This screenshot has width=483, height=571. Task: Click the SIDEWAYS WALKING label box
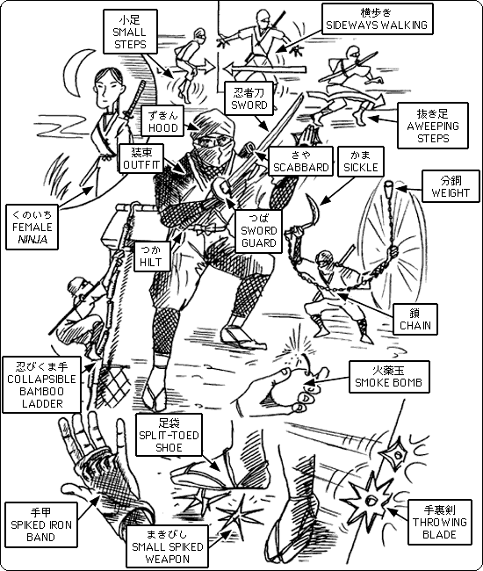point(378,19)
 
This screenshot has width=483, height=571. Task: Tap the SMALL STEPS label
point(130,32)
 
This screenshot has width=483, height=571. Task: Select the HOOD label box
point(162,121)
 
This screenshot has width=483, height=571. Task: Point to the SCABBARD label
point(301,162)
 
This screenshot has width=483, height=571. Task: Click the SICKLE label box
point(361,162)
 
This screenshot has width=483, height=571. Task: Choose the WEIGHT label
point(451,186)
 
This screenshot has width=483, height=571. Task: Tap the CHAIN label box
point(415,319)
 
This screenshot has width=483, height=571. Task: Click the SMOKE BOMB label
point(389,377)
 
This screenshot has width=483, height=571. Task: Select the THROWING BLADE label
point(440,522)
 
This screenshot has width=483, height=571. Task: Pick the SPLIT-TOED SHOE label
point(169,435)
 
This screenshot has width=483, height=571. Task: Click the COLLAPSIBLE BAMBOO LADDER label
point(41,385)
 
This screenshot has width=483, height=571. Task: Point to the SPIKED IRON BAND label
point(41,524)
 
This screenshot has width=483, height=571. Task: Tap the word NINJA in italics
point(32,239)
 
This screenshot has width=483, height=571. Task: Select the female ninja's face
point(105,90)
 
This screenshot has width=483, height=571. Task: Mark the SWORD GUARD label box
point(259,231)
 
